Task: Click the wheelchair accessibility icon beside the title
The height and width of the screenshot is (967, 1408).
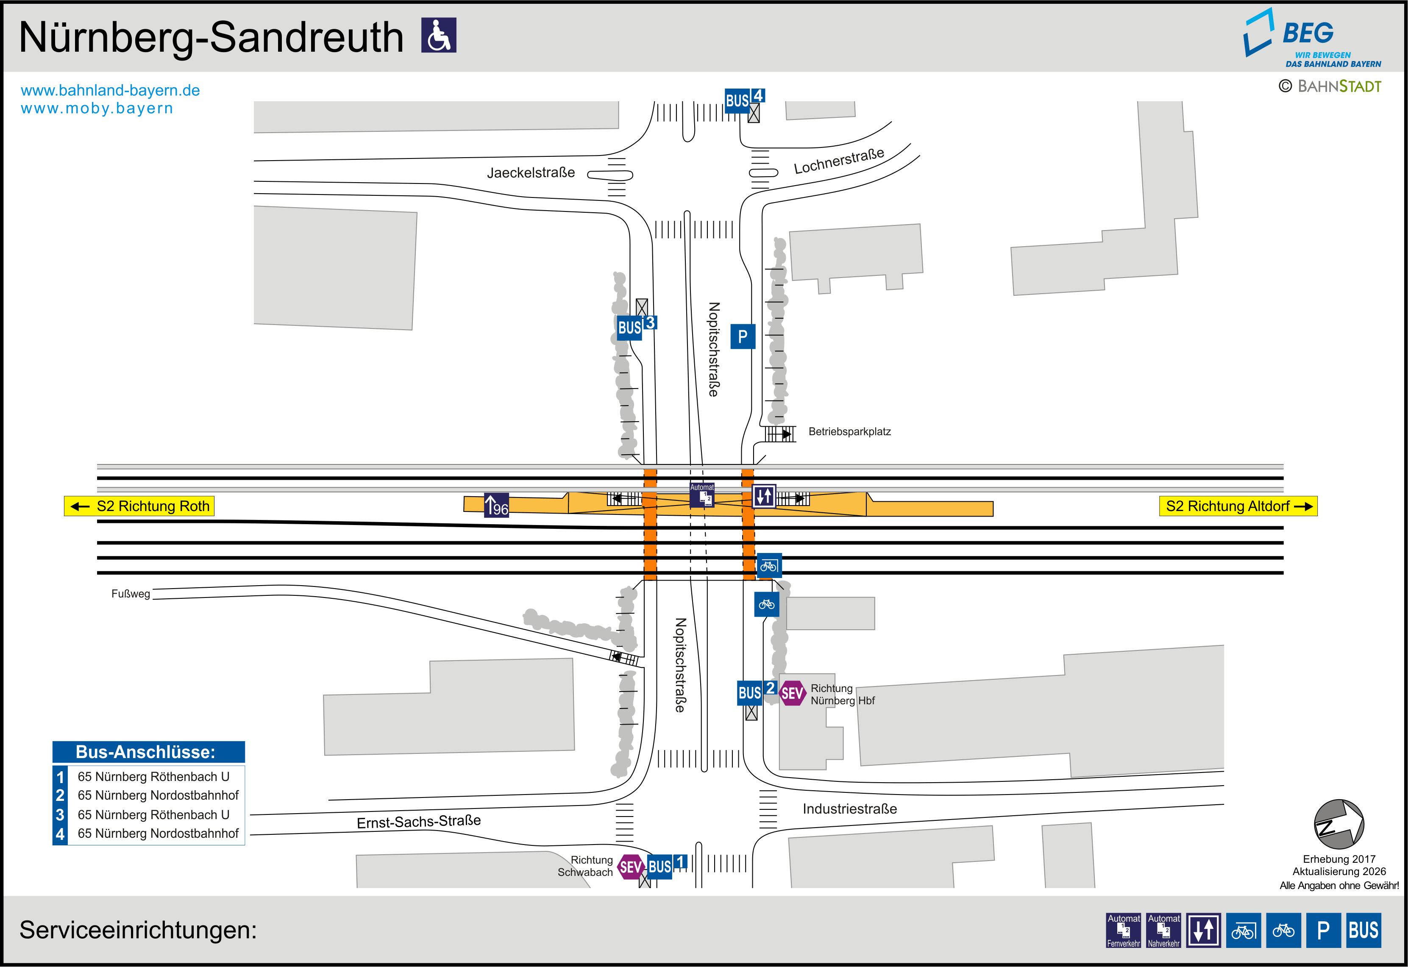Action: [x=439, y=35]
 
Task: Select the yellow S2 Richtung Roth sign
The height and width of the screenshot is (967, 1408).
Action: [x=139, y=506]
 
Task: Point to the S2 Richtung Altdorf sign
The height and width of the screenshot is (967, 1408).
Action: [x=1238, y=506]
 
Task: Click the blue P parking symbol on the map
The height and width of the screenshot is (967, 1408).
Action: [x=743, y=336]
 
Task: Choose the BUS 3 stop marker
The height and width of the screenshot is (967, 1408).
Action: [x=636, y=327]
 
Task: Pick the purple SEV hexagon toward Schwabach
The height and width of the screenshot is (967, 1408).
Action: [x=631, y=867]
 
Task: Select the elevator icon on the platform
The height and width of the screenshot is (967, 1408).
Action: [x=764, y=496]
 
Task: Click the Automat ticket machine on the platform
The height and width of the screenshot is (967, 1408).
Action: [x=702, y=495]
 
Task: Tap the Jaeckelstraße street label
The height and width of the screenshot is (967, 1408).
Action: [x=531, y=173]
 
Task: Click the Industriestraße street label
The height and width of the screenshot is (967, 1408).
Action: [x=849, y=809]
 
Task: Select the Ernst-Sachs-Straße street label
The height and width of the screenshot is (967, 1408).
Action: [x=419, y=822]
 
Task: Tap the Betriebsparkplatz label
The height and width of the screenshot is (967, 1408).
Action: [x=849, y=431]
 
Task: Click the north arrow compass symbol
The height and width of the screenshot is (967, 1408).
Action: [x=1339, y=824]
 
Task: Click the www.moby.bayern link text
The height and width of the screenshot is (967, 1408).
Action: [x=97, y=108]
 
